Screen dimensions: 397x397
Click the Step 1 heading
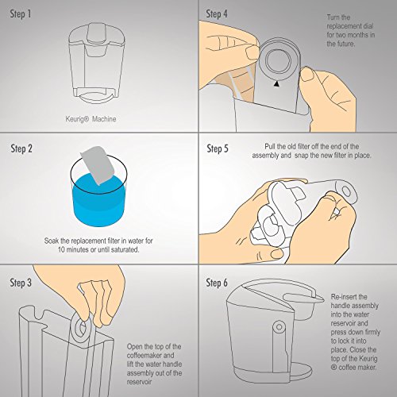(x=21, y=13)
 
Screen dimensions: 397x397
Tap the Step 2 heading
(x=21, y=148)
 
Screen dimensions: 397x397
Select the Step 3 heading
(x=21, y=283)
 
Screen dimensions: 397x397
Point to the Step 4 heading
(x=217, y=13)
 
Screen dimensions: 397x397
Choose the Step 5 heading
(x=218, y=148)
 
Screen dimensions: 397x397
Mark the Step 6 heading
(x=217, y=283)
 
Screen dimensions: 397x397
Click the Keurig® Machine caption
(x=91, y=119)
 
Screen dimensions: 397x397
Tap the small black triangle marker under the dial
(x=276, y=84)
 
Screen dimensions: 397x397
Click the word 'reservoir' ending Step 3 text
(x=139, y=382)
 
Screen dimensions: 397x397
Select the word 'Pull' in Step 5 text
(x=272, y=147)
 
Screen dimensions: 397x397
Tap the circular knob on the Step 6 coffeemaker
(x=279, y=327)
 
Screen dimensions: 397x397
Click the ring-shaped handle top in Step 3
(x=81, y=328)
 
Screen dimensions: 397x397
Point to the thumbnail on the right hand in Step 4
(x=307, y=74)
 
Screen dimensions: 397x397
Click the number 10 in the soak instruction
(x=61, y=249)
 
